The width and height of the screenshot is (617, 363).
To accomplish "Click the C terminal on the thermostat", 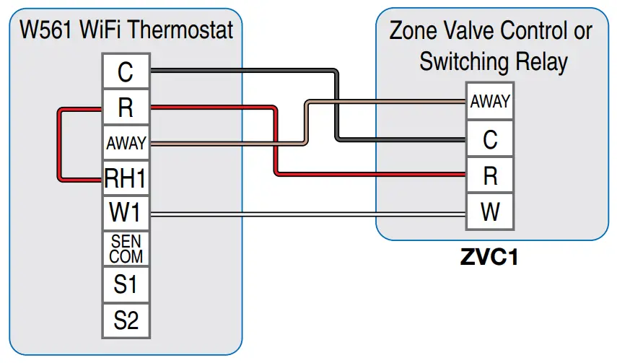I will click(x=126, y=72).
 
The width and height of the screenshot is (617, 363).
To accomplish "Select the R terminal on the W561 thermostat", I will click(x=126, y=108).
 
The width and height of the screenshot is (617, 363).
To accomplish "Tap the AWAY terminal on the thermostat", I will click(x=126, y=144).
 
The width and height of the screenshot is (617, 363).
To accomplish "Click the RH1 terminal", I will click(x=126, y=178).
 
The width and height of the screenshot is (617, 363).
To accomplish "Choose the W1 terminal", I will click(x=126, y=213).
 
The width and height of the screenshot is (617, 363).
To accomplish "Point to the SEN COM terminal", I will click(x=126, y=248).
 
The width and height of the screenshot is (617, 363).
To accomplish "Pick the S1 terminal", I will click(x=126, y=284).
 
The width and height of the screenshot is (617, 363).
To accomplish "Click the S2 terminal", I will click(x=126, y=320).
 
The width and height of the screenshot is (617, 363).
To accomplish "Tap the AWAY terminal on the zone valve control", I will click(x=490, y=102).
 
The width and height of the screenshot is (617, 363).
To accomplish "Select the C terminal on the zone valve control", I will click(x=490, y=139).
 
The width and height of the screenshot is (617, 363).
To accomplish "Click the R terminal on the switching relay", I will click(x=490, y=175).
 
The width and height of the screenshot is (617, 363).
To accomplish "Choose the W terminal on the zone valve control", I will click(x=490, y=212).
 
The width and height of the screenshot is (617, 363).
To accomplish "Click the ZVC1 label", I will click(x=489, y=258).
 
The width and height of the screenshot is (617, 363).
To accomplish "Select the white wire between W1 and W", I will click(x=303, y=214).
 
